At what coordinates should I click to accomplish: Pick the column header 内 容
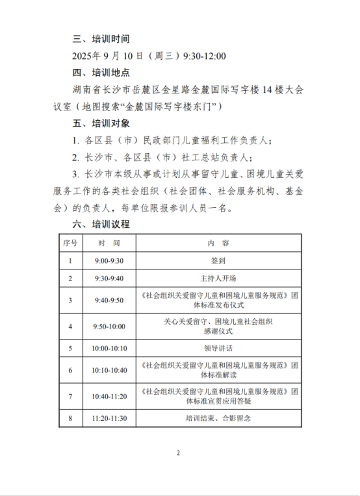coord(218,243)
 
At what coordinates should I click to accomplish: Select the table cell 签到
coord(218,260)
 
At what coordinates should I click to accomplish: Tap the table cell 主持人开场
coord(218,278)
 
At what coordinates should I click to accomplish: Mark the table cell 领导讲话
coord(218,348)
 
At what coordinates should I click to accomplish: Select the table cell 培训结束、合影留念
coord(218,418)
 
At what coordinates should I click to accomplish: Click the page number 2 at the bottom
coord(177,453)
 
